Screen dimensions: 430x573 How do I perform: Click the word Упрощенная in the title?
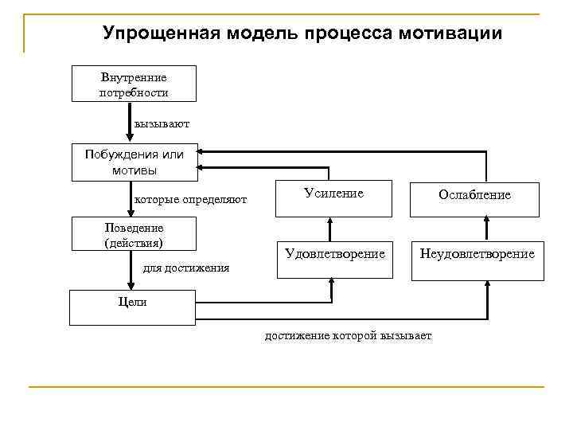pos(162,33)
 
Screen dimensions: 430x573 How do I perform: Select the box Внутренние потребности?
pos(134,84)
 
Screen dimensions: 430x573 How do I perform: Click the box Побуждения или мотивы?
pos(134,162)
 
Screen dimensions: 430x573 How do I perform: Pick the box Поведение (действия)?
pos(134,234)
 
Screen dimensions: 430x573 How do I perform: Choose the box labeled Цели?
pos(132,308)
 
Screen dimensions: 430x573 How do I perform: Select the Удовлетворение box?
pos(334,258)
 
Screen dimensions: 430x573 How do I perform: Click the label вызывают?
pos(162,123)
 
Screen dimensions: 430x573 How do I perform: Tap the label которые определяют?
pos(190,199)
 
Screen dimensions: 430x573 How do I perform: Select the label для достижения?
pos(185,268)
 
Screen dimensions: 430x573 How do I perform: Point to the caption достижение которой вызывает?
pos(348,336)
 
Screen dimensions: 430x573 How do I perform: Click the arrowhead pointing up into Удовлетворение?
pos(332,283)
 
